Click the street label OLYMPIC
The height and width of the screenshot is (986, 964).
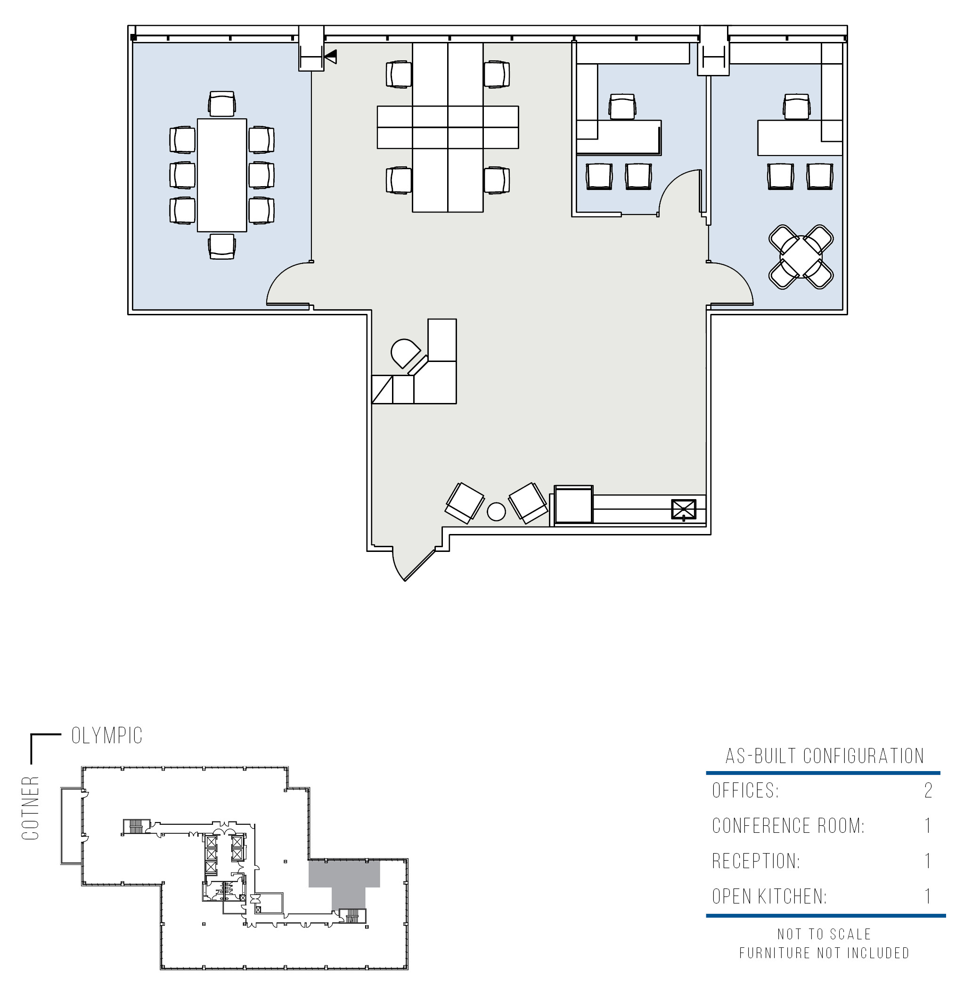pos(107,736)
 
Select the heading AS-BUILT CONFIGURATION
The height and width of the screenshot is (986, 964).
pos(825,756)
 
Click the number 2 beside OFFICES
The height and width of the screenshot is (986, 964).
pos(928,790)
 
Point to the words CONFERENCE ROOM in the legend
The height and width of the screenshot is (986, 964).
pos(788,826)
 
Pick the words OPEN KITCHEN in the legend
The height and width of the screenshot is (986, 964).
pos(769,897)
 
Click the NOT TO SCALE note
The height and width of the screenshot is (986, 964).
pos(824,934)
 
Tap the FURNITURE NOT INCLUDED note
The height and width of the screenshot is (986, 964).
pos(824,953)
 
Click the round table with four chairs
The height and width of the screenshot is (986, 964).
pos(801,257)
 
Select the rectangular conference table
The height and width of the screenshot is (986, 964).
pos(222,175)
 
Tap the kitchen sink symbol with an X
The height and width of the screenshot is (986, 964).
pos(684,509)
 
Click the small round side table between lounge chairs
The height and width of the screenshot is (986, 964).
pos(496,511)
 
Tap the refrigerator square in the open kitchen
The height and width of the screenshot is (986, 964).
pos(573,505)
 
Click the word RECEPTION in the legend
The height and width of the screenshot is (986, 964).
pos(756,862)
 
